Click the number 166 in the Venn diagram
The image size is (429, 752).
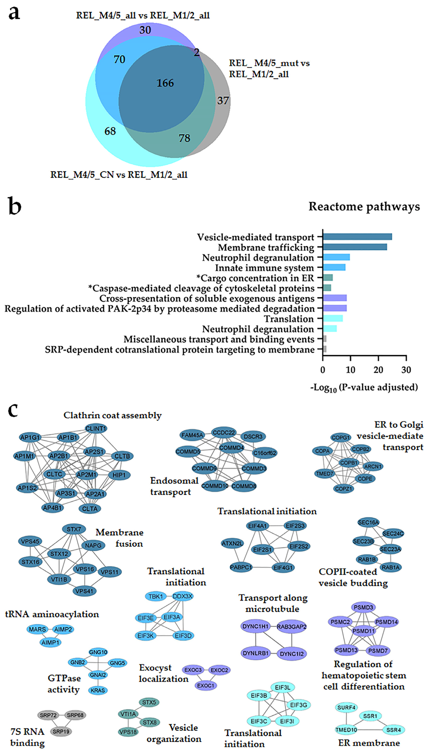click(165, 83)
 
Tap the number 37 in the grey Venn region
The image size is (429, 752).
click(223, 101)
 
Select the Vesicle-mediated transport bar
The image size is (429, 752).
click(357, 237)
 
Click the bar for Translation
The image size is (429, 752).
click(333, 318)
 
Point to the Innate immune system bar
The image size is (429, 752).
click(334, 267)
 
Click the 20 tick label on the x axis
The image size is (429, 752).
click(378, 370)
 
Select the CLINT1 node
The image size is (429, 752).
click(96, 428)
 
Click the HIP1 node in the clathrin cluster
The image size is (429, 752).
click(119, 475)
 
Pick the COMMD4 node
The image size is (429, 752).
click(232, 448)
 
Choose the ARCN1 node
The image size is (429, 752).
click(373, 466)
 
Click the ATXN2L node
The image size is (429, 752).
click(233, 543)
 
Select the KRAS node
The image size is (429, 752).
click(98, 690)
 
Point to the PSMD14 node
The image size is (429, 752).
click(386, 622)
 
